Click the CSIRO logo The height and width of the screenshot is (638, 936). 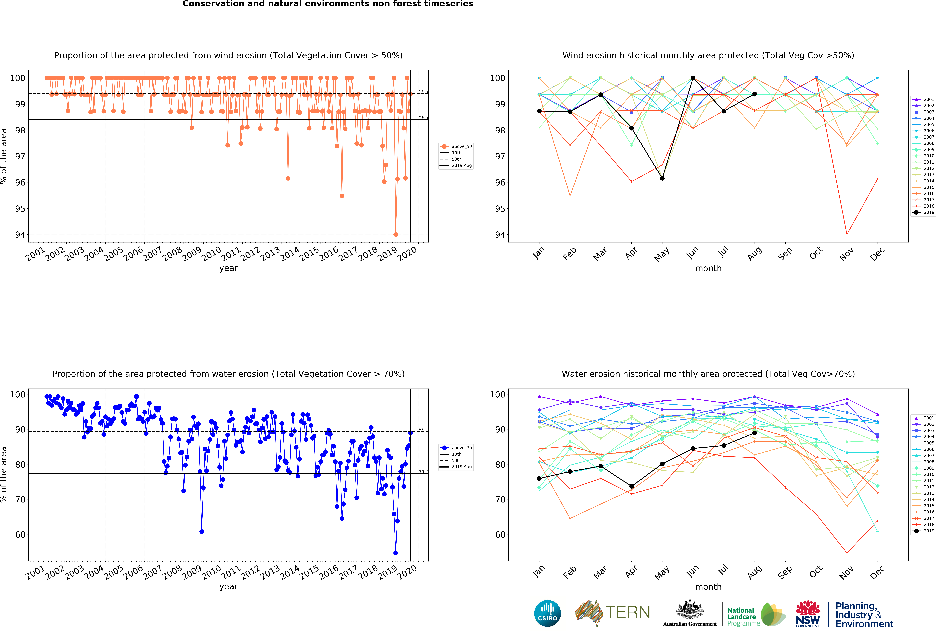547,613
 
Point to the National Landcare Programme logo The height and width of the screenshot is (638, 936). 756,615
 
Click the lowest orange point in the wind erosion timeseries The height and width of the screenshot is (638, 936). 396,234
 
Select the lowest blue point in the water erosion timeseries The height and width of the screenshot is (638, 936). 396,553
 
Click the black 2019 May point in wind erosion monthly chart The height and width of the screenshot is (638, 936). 662,178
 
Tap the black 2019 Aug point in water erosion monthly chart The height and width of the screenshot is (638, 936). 754,433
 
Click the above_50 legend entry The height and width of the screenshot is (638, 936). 456,147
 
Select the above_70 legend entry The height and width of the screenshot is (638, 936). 456,448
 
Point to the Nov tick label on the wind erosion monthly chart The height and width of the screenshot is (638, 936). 846,254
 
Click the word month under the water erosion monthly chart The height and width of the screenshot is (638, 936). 708,587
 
